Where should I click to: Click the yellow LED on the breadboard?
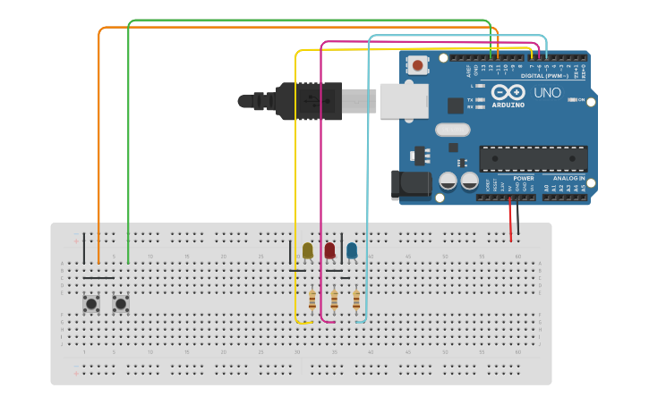pos(308,250)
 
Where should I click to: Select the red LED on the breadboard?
pos(329,250)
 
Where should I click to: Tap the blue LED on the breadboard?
pos(352,250)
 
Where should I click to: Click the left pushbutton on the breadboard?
pos(91,304)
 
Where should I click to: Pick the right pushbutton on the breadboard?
pos(120,304)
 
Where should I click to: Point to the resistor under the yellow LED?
pos(312,300)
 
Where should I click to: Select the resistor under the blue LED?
pos(355,300)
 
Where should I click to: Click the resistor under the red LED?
pos(334,300)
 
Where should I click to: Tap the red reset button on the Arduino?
pos(418,64)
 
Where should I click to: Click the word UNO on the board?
pos(547,93)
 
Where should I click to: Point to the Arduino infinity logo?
pos(507,92)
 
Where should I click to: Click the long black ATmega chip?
pos(533,158)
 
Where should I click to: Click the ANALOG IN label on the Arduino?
pos(568,179)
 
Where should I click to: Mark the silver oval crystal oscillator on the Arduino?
pos(453,130)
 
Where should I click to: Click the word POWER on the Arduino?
pos(524,179)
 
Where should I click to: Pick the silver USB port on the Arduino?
pos(404,100)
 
